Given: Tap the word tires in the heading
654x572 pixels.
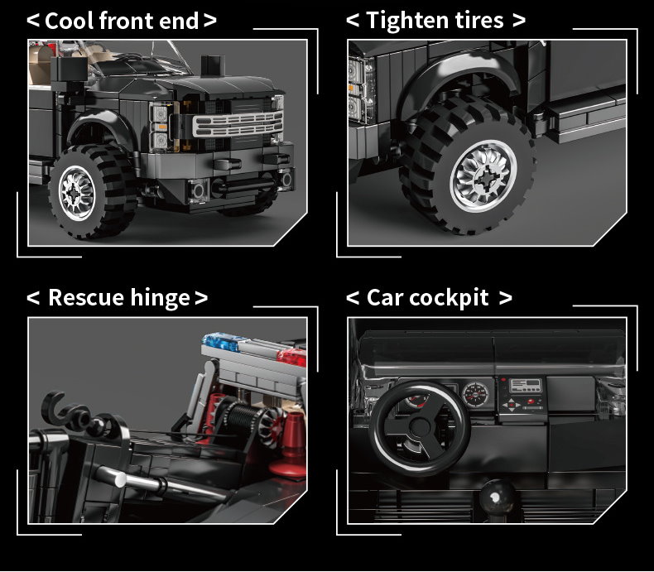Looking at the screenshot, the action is coord(479,20).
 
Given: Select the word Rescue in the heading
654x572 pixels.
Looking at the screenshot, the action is coord(86,298).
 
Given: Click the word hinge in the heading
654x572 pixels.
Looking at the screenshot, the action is coord(160,299).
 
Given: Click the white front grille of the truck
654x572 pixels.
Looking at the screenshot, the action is coord(238,124).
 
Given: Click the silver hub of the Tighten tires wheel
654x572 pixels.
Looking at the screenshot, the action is coord(483,177).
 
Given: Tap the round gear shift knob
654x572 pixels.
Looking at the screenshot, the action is coord(497,497).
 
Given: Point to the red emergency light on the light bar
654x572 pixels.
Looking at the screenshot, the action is coord(292,358).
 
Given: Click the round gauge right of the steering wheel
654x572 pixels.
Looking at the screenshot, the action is coord(475,394).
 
